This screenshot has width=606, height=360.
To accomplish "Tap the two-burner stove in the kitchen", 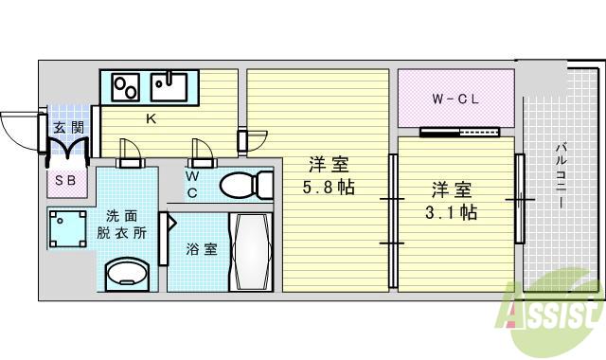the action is (x=126, y=88).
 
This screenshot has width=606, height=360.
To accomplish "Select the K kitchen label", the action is (x=150, y=119).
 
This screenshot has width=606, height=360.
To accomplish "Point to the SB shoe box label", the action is (x=65, y=180).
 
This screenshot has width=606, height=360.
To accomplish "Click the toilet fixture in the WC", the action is (x=245, y=184).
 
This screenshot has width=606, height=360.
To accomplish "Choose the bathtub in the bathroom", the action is (x=251, y=251).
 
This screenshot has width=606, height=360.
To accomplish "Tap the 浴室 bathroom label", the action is (x=201, y=250).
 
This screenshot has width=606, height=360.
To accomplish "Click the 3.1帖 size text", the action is (x=450, y=211).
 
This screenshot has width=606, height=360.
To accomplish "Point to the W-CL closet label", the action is (x=454, y=99).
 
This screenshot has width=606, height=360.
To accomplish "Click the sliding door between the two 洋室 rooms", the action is (x=391, y=222).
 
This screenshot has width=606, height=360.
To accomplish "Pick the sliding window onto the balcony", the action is (x=519, y=199).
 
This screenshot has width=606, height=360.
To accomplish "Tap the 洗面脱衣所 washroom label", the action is (x=126, y=225).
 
